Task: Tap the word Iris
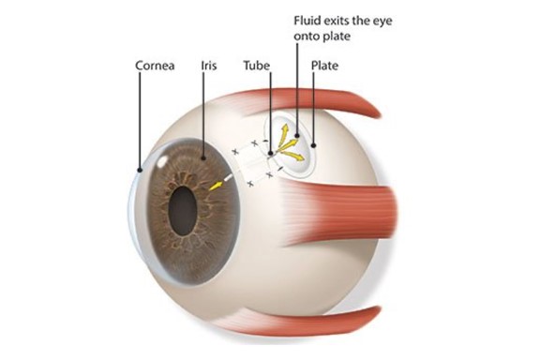[x=208, y=67]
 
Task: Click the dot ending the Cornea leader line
[x=139, y=171]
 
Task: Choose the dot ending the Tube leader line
[x=270, y=153]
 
